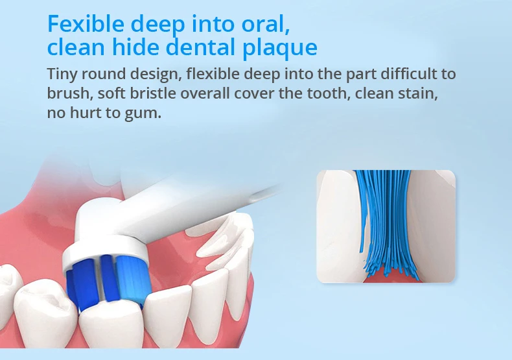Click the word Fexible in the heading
[86, 24]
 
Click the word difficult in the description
[408, 74]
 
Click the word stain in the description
[418, 93]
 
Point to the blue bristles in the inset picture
[386, 222]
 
